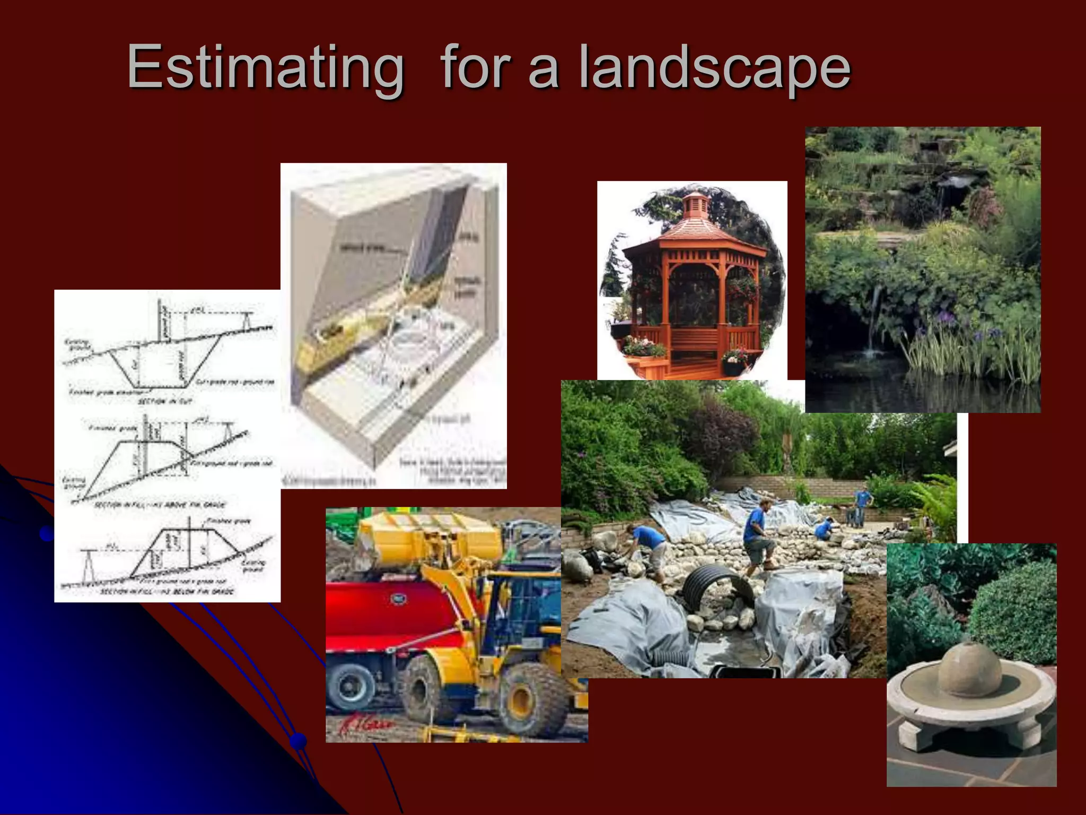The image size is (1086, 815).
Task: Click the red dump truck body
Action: click(392, 610)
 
